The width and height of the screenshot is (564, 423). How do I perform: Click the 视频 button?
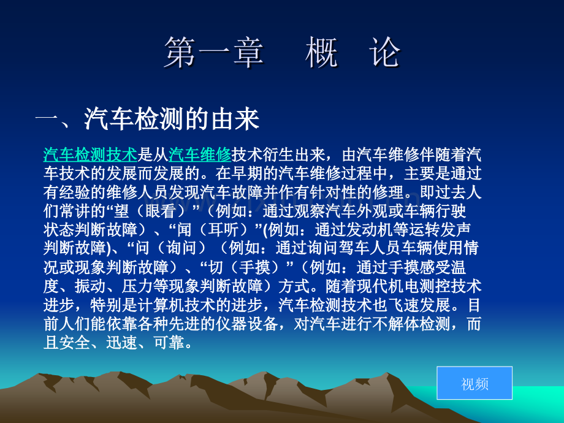(474, 383)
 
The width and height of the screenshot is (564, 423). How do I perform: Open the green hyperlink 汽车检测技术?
(90, 154)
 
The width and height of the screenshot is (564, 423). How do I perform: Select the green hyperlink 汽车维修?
(200, 154)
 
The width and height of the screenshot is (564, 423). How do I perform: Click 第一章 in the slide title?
(214, 53)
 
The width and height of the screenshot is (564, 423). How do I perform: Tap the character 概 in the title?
(321, 53)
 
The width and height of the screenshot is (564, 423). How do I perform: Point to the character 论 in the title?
(384, 53)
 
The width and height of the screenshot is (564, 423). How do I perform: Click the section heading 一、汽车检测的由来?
(147, 118)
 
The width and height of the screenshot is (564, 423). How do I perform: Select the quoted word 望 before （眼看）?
(121, 211)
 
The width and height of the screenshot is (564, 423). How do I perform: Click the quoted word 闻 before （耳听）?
(183, 229)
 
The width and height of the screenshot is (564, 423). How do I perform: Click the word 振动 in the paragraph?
(90, 286)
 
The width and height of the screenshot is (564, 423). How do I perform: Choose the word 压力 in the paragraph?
(137, 286)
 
